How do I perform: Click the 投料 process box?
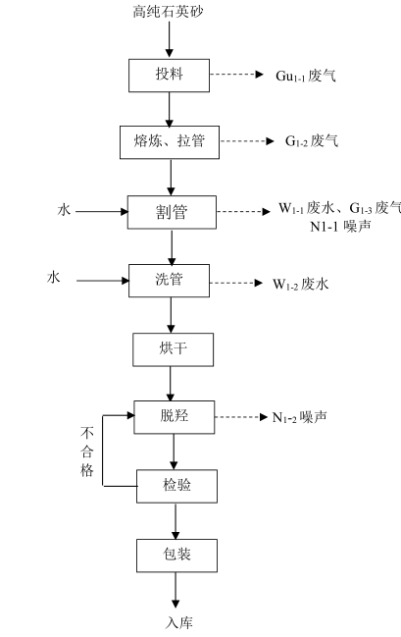coord(170,76)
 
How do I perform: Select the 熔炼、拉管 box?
coord(170,142)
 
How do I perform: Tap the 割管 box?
coord(173,212)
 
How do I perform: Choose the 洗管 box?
coord(170,281)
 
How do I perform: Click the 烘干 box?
coord(174,349)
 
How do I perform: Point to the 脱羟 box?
coord(175,417)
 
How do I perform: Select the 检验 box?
coord(176,486)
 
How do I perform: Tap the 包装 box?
coord(176,556)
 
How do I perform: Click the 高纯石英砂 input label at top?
coord(168,12)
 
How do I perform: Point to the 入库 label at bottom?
coord(179,623)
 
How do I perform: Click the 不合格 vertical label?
coord(87,451)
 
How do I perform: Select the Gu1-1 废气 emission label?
coord(306,76)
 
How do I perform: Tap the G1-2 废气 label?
coord(312,141)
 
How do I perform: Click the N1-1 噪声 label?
coord(340,227)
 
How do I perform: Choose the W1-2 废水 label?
coord(300,284)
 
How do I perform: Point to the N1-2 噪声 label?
coord(300,417)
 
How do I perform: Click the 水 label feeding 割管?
coord(64,210)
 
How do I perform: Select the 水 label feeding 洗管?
coord(53,279)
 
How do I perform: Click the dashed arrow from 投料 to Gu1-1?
coord(236,75)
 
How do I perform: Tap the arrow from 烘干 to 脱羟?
coord(171,384)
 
